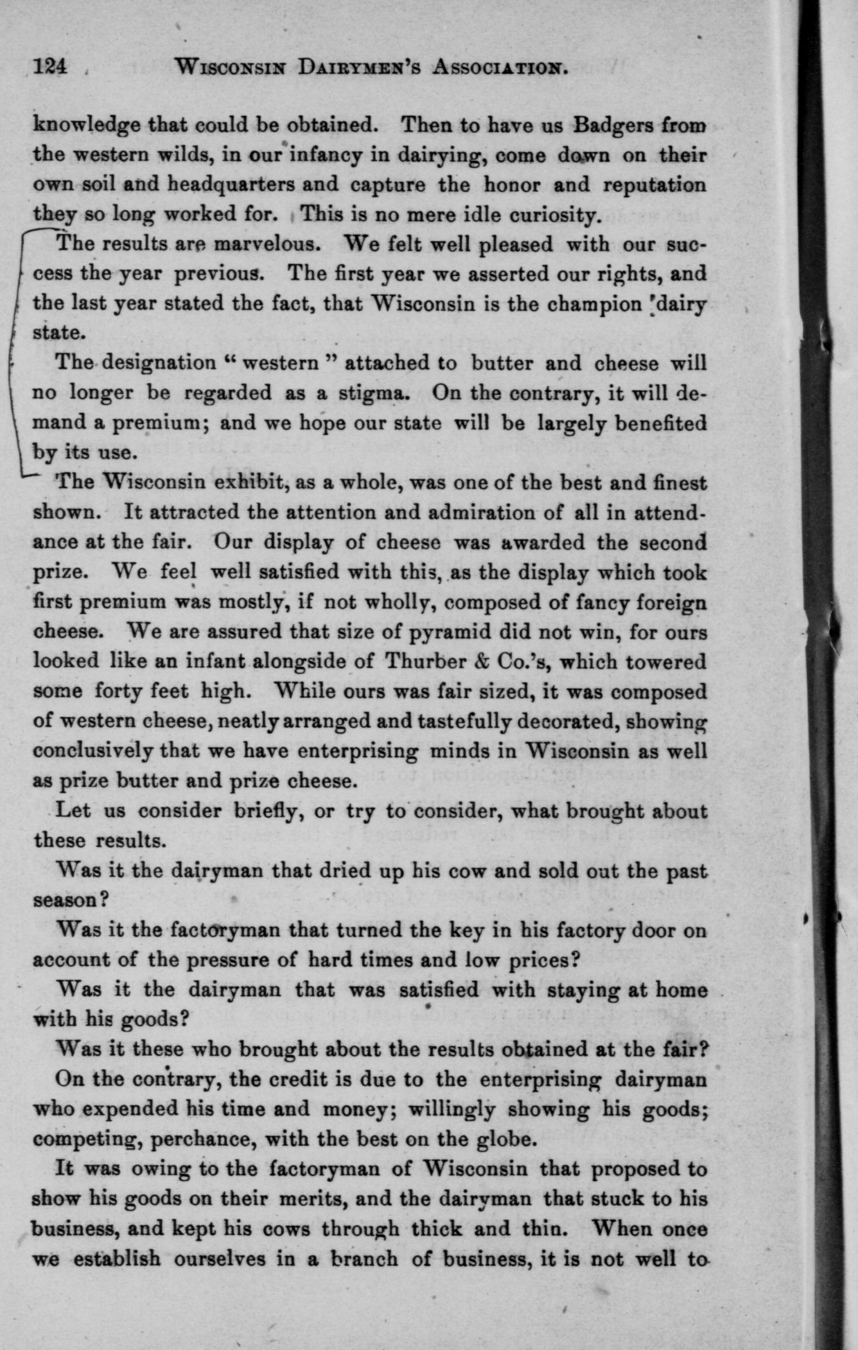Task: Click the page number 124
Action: point(51,67)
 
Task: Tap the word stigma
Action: point(371,393)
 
